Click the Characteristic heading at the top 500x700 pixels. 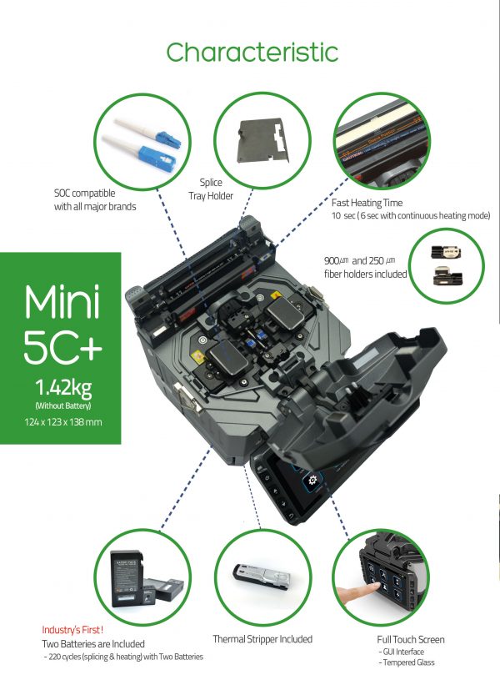pyautogui.click(x=252, y=53)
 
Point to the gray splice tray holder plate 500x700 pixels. pyautogui.click(x=264, y=139)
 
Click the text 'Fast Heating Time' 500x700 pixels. pyautogui.click(x=367, y=203)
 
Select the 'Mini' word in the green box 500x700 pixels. pyautogui.click(x=62, y=301)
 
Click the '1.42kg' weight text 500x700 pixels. pyautogui.click(x=62, y=387)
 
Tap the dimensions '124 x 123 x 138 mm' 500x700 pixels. pyautogui.click(x=62, y=422)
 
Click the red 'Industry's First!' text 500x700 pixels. pyautogui.click(x=72, y=630)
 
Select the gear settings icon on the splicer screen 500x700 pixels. pyautogui.click(x=312, y=480)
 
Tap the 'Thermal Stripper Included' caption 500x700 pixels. pyautogui.click(x=262, y=639)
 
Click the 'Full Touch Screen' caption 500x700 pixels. pyautogui.click(x=411, y=639)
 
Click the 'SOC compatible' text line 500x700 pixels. pyautogui.click(x=84, y=193)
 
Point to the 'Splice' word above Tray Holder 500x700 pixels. pyautogui.click(x=211, y=182)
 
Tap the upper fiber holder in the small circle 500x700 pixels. pyautogui.click(x=446, y=252)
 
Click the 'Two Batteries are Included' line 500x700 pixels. pyautogui.click(x=93, y=644)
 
